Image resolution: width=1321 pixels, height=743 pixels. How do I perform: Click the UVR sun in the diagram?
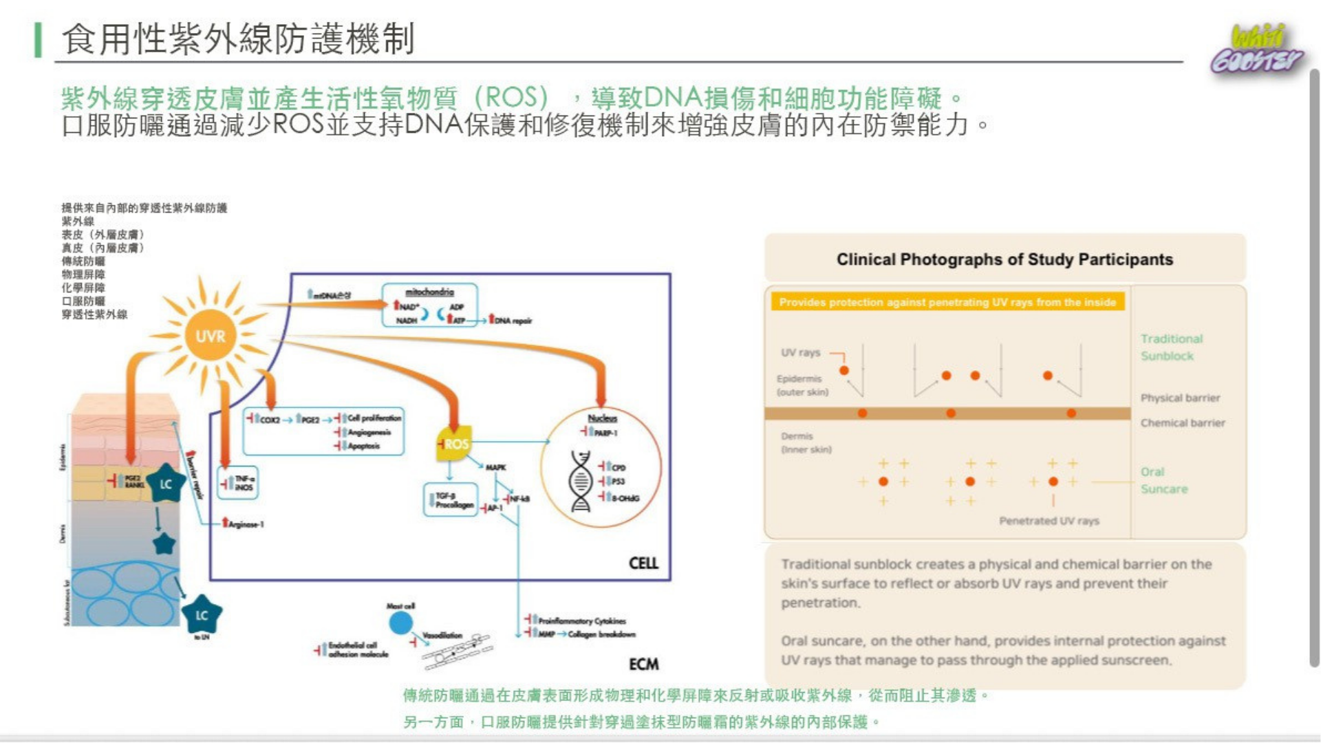[x=210, y=336]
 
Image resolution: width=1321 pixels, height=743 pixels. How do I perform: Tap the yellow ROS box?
[x=454, y=444]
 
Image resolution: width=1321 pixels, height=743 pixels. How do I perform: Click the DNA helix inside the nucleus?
[x=581, y=482]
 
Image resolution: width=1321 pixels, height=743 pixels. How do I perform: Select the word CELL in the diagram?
[x=643, y=563]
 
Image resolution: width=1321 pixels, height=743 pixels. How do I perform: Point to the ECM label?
[x=643, y=664]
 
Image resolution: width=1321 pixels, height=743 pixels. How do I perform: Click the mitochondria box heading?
[x=429, y=292]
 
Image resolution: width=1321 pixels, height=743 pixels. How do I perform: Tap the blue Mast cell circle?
[x=400, y=623]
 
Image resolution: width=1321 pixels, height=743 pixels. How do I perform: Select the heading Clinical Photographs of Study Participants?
[x=1005, y=259]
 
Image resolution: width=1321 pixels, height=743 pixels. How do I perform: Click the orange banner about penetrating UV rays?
[x=947, y=302]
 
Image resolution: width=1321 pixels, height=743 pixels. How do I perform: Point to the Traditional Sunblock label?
[x=1171, y=347]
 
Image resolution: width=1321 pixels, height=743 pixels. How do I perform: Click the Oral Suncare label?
[x=1163, y=480]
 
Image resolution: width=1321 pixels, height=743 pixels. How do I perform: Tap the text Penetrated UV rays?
[x=1049, y=521]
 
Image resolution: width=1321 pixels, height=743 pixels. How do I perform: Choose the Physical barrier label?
[x=1180, y=398]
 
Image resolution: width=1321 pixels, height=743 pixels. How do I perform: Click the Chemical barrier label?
[x=1182, y=422]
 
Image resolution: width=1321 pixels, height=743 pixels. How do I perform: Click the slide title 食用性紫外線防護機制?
[x=238, y=39]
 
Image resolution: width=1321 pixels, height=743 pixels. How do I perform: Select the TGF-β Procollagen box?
[x=451, y=500]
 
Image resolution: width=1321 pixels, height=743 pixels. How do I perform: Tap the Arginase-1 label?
[x=245, y=524]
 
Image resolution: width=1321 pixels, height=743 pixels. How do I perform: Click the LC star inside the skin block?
[x=166, y=484]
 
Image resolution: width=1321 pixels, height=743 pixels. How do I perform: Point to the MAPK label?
[x=495, y=468]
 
